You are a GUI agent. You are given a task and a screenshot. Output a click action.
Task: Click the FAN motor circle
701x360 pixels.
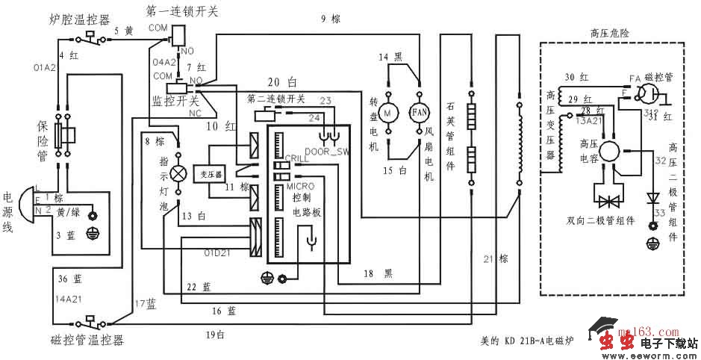point(418,112)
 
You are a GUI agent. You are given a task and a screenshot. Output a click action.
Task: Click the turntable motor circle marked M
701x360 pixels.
point(387,112)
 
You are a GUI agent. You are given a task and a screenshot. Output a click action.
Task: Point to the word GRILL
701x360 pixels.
point(297,158)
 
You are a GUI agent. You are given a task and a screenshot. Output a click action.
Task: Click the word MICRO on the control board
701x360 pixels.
point(300,184)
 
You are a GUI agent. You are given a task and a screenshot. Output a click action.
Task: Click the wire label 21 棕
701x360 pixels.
point(495,258)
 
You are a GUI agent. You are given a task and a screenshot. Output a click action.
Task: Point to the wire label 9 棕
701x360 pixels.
point(330,19)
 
